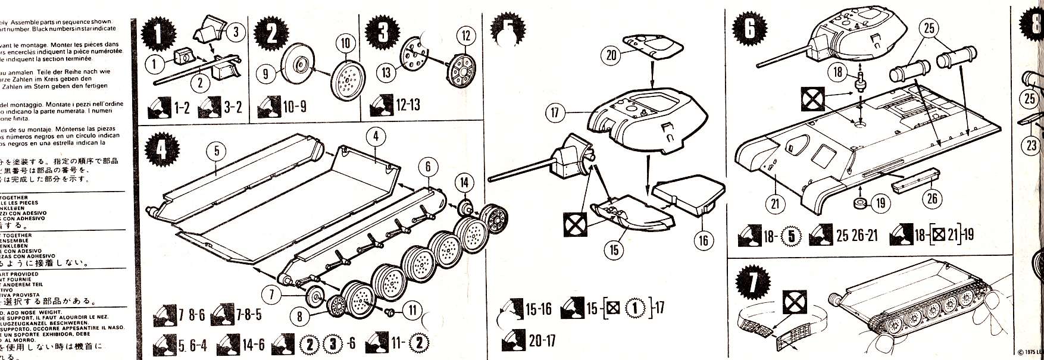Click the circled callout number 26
coord(932,197)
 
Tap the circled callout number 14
coord(464,183)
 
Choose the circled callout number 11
coord(411,309)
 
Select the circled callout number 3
coord(236,32)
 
